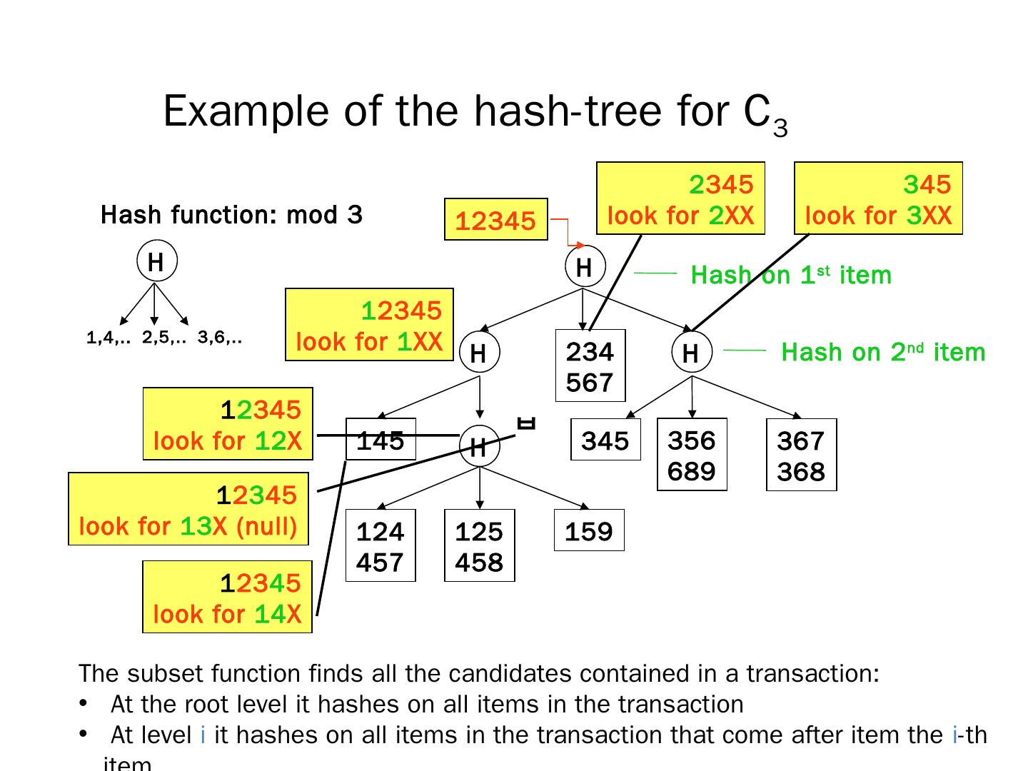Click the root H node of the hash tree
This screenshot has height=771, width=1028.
584,268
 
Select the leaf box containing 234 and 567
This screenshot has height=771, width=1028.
590,366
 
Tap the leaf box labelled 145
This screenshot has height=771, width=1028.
381,440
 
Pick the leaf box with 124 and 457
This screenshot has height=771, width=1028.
380,546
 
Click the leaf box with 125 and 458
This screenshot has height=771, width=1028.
479,546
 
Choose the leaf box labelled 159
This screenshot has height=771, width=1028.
588,530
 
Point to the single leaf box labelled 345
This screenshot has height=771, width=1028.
605,440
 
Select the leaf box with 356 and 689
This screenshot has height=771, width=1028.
691,455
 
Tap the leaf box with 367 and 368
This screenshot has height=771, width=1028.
800,455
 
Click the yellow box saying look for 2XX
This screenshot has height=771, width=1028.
680,198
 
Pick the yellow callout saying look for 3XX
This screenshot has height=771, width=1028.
878,198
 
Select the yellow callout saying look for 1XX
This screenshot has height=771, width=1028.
369,325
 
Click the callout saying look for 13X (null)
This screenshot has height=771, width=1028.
188,509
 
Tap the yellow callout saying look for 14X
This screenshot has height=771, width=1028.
227,598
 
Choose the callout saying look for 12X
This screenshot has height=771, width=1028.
227,424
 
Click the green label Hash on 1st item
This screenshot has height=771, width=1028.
791,275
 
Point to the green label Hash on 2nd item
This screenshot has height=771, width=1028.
883,352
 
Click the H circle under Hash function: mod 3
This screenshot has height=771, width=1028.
156,262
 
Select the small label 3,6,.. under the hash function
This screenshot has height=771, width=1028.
220,338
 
